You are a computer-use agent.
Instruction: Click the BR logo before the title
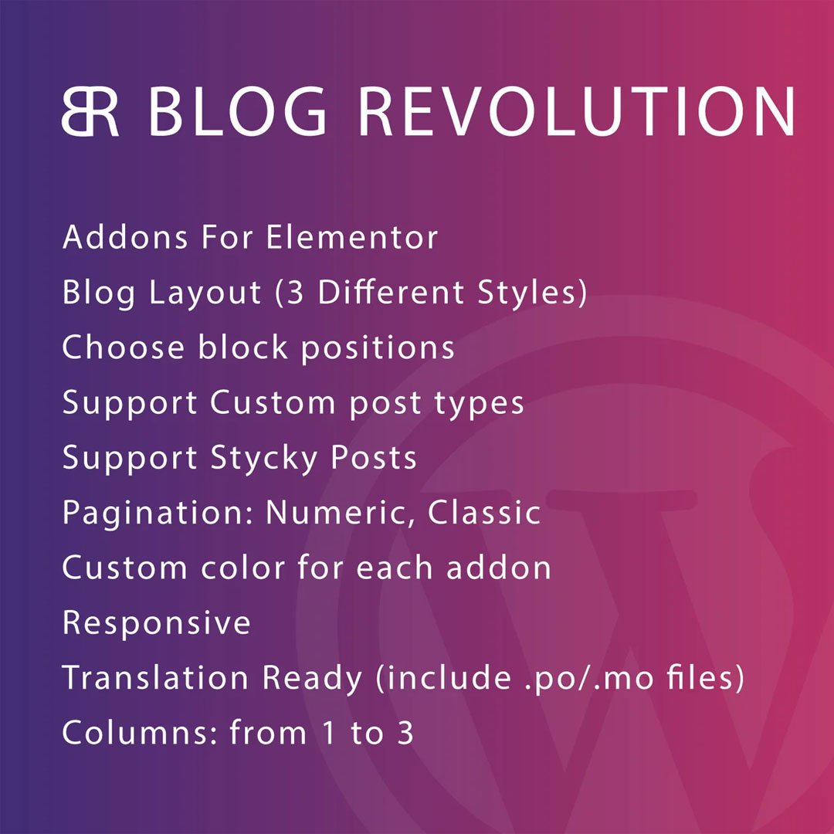pyautogui.click(x=90, y=113)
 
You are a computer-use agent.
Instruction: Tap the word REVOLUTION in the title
pyautogui.click(x=577, y=113)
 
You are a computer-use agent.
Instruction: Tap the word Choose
pyautogui.click(x=122, y=348)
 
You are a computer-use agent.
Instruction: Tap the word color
pyautogui.click(x=236, y=568)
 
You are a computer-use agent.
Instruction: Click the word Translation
pyautogui.click(x=157, y=679)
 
